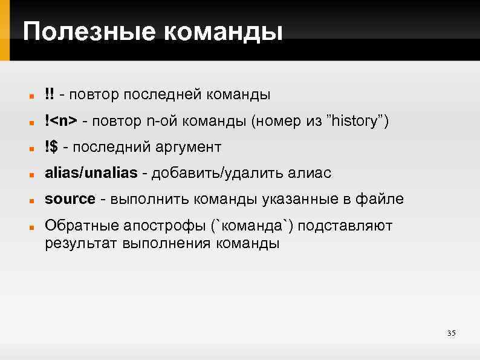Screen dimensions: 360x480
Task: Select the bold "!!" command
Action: [49, 94]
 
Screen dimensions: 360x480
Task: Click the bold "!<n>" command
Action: [60, 121]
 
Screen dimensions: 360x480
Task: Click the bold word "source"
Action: [70, 200]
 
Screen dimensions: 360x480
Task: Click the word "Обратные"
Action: [80, 226]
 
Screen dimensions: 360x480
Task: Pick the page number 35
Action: [451, 333]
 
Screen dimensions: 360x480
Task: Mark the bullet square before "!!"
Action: [29, 96]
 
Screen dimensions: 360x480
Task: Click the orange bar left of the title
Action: [5, 30]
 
